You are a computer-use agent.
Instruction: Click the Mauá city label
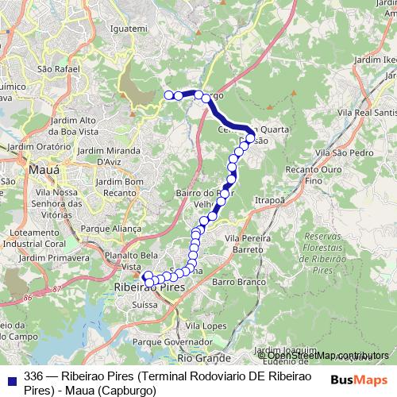coord(37,169)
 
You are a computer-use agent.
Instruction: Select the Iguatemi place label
coord(132,29)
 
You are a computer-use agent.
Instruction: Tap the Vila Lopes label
coord(202,326)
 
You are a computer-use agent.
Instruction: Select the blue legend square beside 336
coord(10,376)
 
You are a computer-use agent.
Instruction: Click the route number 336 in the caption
coord(34,376)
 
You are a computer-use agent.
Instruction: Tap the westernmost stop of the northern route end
coord(168,96)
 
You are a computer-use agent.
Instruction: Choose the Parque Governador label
coord(164,342)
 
